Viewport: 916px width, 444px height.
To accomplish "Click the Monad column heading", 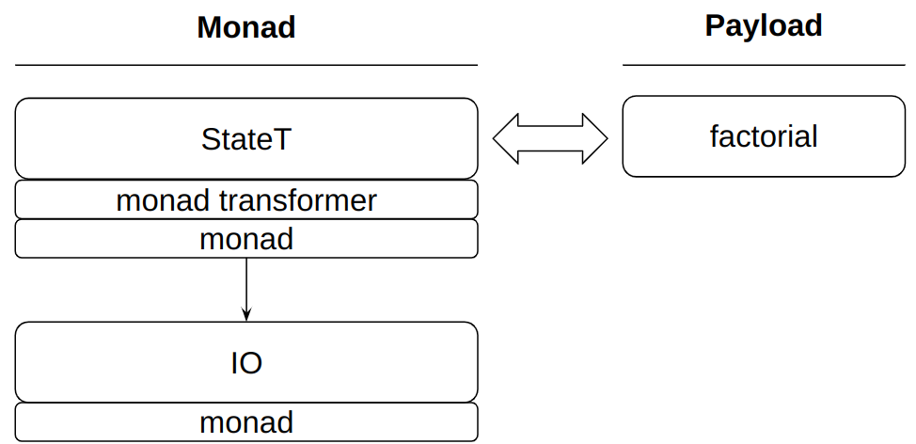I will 246,27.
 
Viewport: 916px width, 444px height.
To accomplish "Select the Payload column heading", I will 764,25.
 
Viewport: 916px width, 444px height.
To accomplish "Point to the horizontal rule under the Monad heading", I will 246,65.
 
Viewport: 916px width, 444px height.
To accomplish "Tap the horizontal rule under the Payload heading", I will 764,65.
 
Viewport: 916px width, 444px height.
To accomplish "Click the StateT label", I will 246,139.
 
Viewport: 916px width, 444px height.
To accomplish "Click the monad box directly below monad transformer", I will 246,239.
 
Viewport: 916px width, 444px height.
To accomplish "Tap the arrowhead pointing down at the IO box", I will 246,315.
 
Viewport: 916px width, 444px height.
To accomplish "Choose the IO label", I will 246,363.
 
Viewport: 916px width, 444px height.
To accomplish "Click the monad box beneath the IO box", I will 246,422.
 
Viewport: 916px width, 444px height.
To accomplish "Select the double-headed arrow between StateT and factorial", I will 550,139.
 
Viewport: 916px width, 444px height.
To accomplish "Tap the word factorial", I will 764,137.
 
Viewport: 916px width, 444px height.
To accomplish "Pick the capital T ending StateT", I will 282,139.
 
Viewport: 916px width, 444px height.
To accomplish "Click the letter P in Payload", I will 715,25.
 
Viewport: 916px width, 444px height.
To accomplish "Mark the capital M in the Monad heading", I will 210,27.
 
